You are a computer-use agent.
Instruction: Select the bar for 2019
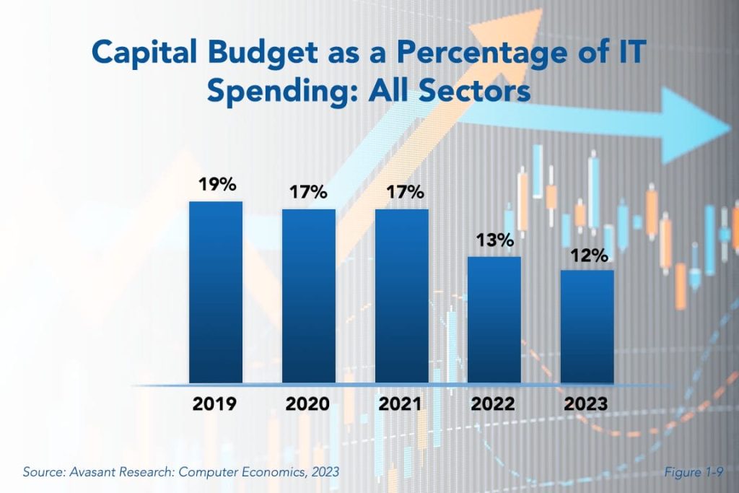(215, 292)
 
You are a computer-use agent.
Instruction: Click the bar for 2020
(308, 296)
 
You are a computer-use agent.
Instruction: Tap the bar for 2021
(401, 296)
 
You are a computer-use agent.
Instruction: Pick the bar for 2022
(494, 320)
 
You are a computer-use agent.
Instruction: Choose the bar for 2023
(587, 326)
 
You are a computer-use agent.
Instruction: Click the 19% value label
(217, 185)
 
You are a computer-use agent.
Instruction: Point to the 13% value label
(494, 240)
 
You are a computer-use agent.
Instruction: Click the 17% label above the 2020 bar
(310, 193)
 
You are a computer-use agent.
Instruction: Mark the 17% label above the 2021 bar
(403, 193)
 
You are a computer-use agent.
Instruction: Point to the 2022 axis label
(493, 404)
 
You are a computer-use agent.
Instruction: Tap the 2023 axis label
(585, 404)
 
